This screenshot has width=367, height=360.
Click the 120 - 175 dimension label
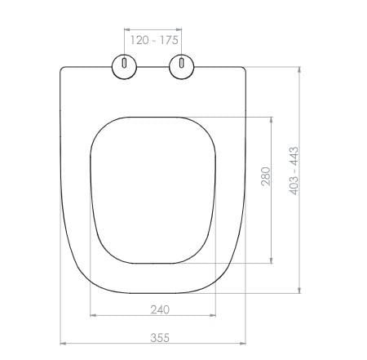point(154,40)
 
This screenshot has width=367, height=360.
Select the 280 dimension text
point(266,176)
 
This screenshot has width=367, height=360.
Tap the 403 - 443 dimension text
point(294,171)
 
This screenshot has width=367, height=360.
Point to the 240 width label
point(160,309)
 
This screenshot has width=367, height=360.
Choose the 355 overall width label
point(160,338)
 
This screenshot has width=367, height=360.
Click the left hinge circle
point(124,67)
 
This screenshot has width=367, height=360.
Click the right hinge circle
point(182,67)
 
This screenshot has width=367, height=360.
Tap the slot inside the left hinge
point(124,63)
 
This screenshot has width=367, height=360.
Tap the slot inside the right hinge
point(182,63)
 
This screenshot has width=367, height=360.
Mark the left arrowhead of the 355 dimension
point(63,344)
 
